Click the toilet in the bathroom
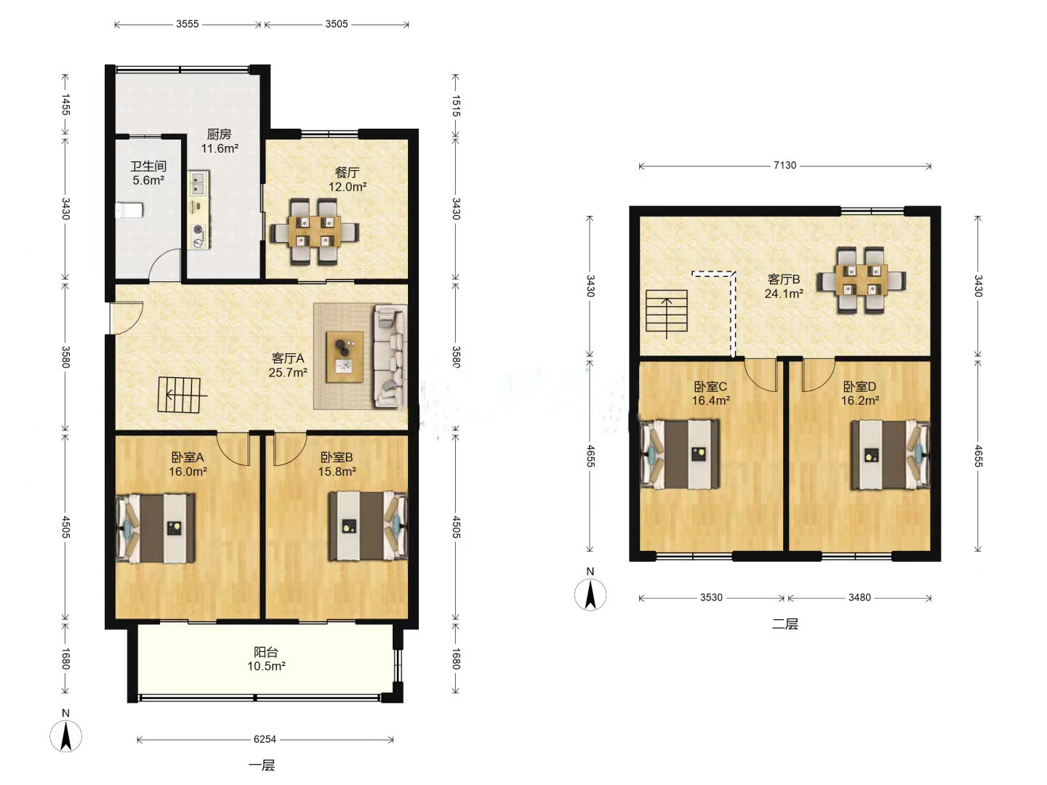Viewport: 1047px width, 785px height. click(129, 210)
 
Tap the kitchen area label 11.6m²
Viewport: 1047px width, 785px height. click(220, 149)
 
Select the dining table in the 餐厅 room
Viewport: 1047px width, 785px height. click(315, 231)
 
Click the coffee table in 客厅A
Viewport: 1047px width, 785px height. click(345, 356)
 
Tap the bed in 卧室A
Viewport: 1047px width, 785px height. click(156, 528)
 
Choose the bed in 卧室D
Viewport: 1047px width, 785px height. click(891, 455)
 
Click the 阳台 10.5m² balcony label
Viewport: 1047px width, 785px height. click(266, 659)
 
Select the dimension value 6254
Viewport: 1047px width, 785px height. click(265, 739)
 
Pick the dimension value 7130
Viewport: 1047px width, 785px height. click(785, 166)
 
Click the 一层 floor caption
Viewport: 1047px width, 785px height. click(262, 765)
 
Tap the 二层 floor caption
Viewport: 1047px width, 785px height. click(785, 624)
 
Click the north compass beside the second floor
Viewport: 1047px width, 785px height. click(590, 595)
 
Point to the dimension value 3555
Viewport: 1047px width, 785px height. click(188, 24)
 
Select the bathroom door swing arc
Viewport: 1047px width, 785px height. click(164, 265)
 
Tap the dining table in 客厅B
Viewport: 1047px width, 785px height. click(862, 281)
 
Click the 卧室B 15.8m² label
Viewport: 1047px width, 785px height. click(337, 464)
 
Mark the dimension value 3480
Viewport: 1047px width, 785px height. click(859, 597)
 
